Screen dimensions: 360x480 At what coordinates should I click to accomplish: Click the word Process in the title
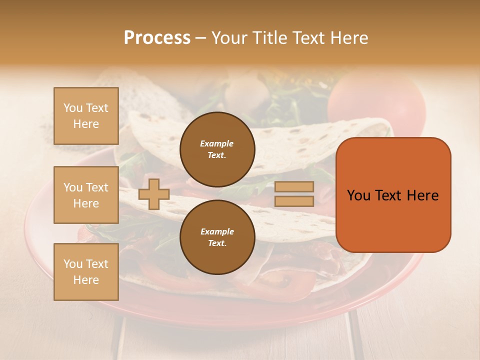click(157, 38)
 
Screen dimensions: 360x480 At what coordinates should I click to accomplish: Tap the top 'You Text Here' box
click(86, 116)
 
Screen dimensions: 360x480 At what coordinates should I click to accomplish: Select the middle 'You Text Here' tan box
click(86, 195)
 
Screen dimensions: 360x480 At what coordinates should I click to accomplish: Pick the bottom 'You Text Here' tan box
click(86, 272)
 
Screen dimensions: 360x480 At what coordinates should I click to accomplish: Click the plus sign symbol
click(153, 194)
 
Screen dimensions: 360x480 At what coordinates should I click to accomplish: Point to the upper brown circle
click(217, 149)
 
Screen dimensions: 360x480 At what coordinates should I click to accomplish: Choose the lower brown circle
click(217, 237)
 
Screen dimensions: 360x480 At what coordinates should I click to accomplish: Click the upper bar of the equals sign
click(294, 187)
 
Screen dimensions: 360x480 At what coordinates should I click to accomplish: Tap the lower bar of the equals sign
click(294, 201)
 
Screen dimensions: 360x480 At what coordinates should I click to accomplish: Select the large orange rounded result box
click(393, 195)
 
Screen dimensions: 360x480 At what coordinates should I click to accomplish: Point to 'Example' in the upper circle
click(217, 143)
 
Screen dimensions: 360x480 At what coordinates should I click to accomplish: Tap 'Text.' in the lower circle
click(217, 243)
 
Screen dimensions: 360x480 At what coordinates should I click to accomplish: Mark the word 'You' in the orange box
click(358, 195)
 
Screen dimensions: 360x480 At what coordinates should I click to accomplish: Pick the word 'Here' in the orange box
click(422, 195)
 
